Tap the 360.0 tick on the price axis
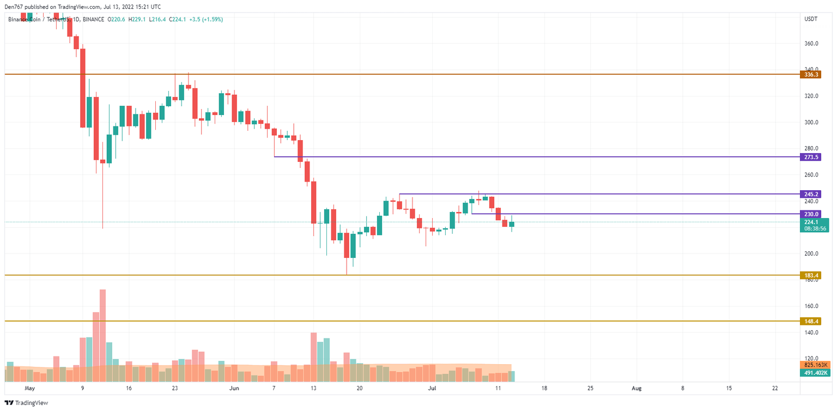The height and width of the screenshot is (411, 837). [811, 44]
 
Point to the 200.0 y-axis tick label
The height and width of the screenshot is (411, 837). [811, 254]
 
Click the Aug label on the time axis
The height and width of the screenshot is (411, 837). [636, 389]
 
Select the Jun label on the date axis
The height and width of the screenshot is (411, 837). [234, 389]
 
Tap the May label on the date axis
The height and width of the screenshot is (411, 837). [29, 389]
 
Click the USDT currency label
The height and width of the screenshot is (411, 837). [811, 19]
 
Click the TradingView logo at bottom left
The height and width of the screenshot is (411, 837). [27, 403]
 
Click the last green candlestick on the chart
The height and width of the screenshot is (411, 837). [512, 224]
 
